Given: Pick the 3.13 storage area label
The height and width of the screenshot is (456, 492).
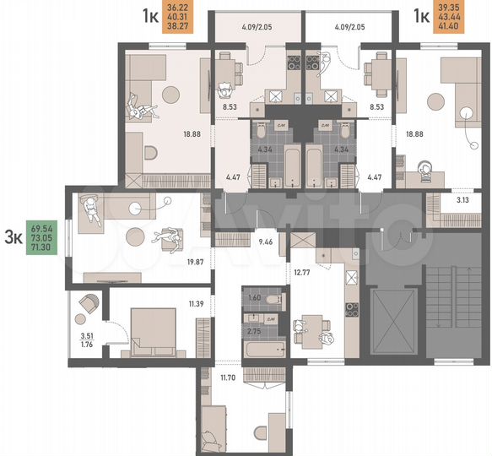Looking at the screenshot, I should coord(462,200).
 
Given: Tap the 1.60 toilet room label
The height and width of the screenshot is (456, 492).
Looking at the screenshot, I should coord(255,297).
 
